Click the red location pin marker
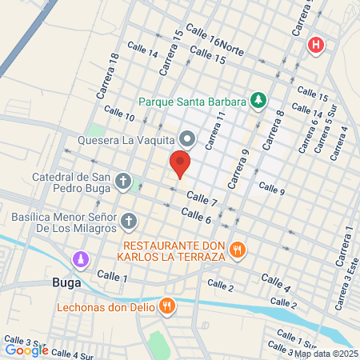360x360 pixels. [179, 165]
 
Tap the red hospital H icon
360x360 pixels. [317, 45]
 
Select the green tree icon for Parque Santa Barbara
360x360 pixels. [258, 101]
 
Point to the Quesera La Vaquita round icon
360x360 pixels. [186, 139]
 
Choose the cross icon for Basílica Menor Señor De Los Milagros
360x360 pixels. [130, 220]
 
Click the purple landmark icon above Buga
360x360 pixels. [81, 260]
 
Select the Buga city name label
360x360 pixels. [66, 282]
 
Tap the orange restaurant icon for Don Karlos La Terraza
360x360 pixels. [237, 250]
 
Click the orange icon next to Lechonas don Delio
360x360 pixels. [166, 305]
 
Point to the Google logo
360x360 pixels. [26, 350]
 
